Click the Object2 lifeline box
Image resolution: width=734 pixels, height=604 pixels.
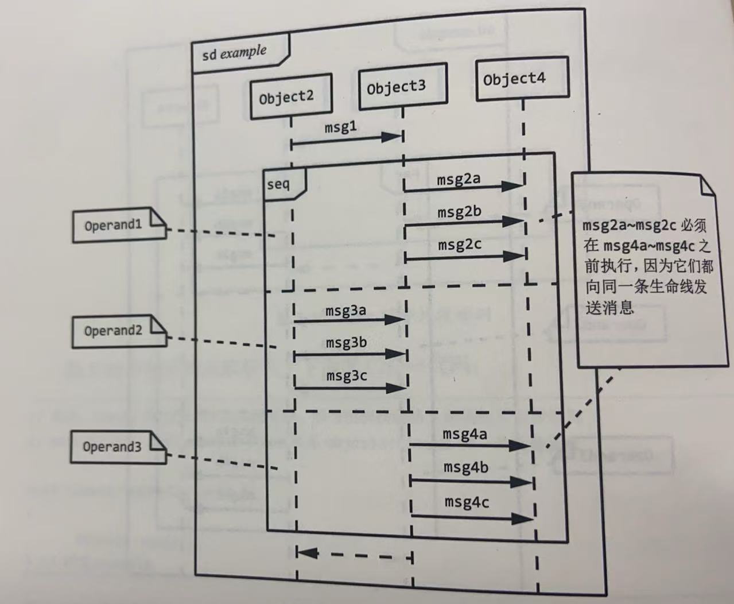[291, 96]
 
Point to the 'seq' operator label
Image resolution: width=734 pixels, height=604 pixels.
[279, 184]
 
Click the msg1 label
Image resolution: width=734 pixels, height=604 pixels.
[341, 127]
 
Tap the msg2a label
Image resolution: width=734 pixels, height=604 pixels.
[459, 179]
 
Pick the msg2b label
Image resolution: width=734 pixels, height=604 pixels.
[459, 212]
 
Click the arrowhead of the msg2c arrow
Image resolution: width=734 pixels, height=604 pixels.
[512, 257]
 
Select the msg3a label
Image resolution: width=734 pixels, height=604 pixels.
[345, 311]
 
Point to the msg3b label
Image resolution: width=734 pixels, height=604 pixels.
[346, 343]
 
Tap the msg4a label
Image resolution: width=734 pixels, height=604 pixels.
[464, 433]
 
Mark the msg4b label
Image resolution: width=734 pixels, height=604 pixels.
[465, 467]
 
